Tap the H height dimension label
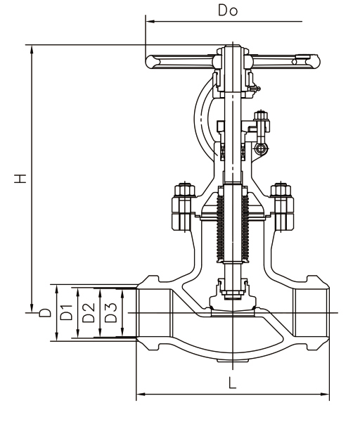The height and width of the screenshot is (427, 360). pos(23,177)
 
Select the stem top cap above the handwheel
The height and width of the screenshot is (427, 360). pos(231,50)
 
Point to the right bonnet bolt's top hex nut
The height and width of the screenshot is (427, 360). pos(281,190)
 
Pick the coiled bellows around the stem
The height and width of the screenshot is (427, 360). pos(232,225)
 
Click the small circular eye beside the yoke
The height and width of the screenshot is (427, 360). pos(262,148)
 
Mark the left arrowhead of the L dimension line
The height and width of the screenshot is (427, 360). pos(139,395)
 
